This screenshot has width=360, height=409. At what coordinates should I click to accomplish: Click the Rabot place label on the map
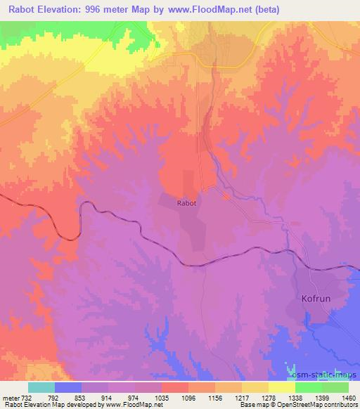(186, 203)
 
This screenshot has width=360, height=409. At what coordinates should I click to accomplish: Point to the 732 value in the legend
(28, 397)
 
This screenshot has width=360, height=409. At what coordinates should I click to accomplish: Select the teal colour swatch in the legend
(41, 387)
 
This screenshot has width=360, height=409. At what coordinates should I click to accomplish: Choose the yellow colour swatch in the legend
(282, 387)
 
